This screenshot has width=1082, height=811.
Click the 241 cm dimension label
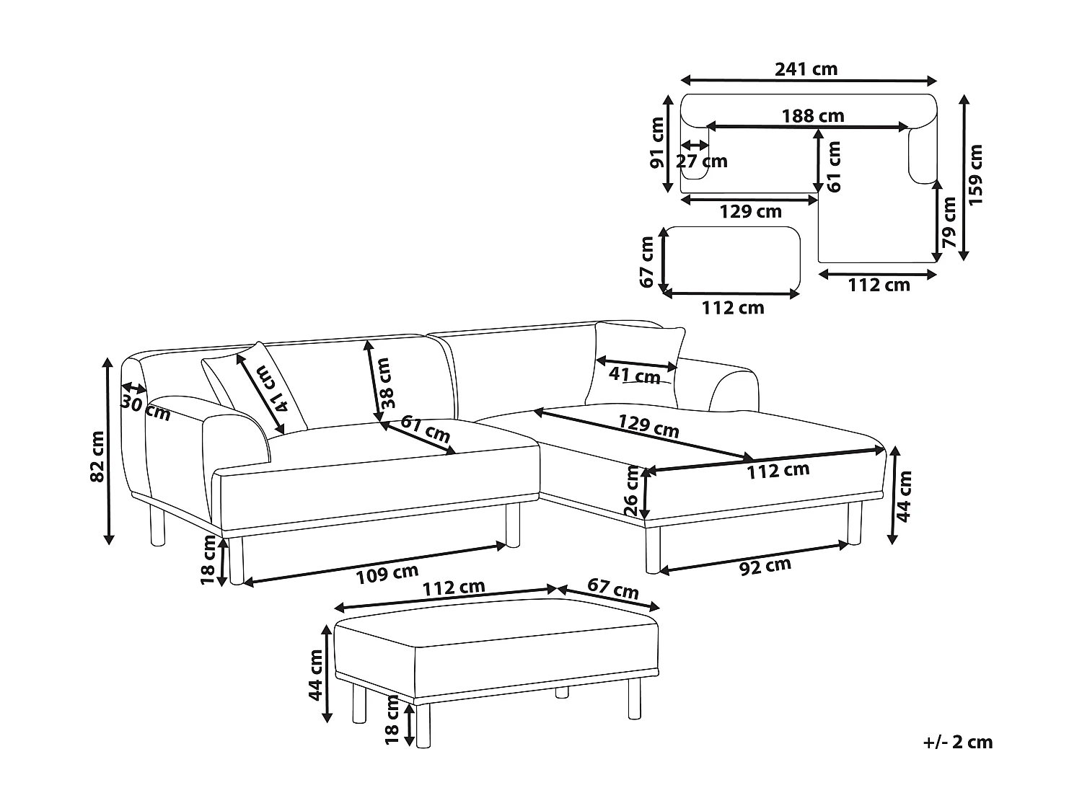[x=806, y=69]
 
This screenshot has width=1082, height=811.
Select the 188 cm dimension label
[x=813, y=115]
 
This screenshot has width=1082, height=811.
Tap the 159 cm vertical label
[x=975, y=175]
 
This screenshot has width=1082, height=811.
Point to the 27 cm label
[x=702, y=161]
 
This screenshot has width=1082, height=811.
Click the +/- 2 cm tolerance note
[x=957, y=742]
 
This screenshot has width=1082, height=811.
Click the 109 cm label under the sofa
[x=387, y=574]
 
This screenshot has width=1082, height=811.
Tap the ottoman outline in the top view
[x=731, y=260]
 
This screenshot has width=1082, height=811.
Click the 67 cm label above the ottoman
[x=612, y=588]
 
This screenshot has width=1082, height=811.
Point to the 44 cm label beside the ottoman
[x=315, y=675]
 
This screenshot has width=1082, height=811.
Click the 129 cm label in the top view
[x=750, y=211]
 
